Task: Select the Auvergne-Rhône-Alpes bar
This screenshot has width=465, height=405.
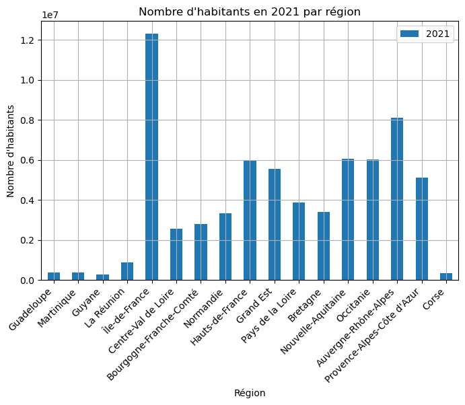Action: pos(397,199)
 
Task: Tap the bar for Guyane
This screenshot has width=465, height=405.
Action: pos(102,277)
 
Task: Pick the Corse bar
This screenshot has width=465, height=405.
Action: pos(446,277)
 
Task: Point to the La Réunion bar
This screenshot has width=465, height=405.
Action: pos(127,271)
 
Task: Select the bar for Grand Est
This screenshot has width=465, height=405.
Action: pos(275,225)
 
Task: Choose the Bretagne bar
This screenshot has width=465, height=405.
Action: pos(324,246)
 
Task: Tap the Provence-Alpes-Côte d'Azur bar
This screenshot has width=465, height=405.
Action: pos(422,229)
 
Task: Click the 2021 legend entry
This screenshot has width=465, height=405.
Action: pos(425,34)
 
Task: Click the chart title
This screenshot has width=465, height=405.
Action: pos(250,11)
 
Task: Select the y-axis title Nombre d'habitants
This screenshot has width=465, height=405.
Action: pos(11,151)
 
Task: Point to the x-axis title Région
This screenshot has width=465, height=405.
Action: pos(250,393)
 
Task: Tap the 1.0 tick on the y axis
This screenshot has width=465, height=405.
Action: pos(29,80)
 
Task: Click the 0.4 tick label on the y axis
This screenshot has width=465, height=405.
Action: pos(29,200)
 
